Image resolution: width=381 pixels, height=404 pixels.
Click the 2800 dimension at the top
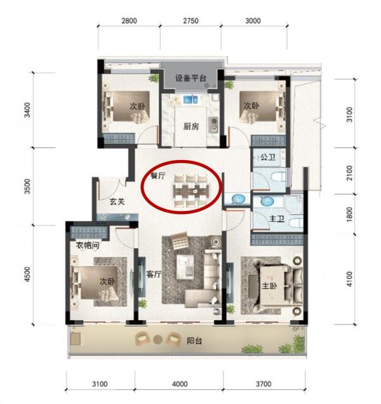[x=129, y=20]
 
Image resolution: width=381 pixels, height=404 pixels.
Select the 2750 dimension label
[x=190, y=20]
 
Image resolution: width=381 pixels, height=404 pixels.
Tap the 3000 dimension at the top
[x=253, y=20]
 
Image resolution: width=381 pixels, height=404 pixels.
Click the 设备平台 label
[x=191, y=78]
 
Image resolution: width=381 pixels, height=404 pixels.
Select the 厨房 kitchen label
[x=192, y=126]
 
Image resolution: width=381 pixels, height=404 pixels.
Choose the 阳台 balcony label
[x=210, y=341]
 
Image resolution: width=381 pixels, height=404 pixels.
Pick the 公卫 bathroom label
[x=267, y=156]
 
